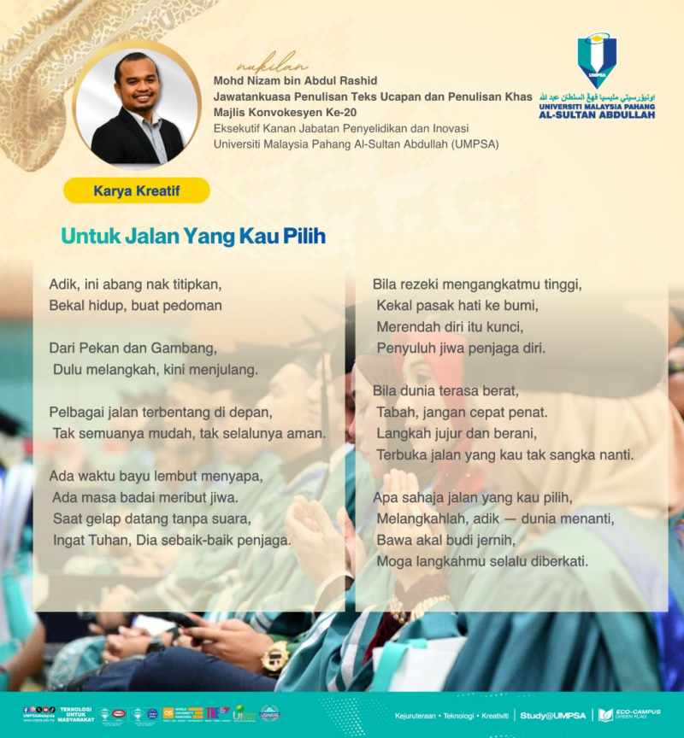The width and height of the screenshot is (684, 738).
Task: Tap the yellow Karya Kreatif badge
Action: pyautogui.click(x=137, y=190)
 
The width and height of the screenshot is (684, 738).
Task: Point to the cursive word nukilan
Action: pyautogui.click(x=271, y=66)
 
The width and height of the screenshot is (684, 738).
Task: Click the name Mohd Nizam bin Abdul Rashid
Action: pyautogui.click(x=295, y=80)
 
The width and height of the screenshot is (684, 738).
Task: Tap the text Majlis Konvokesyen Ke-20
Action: pyautogui.click(x=285, y=113)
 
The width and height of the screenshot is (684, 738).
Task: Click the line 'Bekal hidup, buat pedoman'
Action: pyautogui.click(x=136, y=305)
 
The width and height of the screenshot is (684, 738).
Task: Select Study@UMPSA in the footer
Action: pyautogui.click(x=553, y=715)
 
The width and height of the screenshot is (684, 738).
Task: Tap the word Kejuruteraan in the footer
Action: pyautogui.click(x=416, y=715)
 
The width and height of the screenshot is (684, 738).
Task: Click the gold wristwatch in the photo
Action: pyautogui.click(x=275, y=658)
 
